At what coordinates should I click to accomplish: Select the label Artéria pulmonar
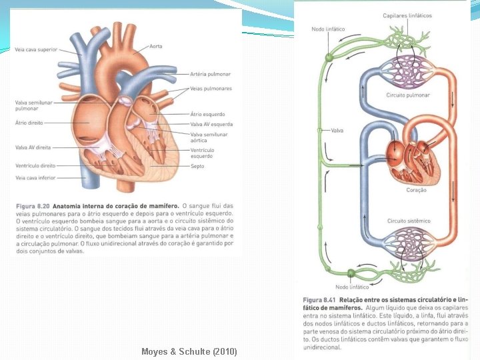[x=210, y=74]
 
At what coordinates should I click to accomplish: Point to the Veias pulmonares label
[x=211, y=89]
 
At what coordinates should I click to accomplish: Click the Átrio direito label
[x=30, y=123]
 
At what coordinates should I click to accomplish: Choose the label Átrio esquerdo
[x=207, y=114]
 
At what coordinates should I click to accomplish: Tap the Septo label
[x=198, y=167]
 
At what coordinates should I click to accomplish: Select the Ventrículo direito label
[x=37, y=165]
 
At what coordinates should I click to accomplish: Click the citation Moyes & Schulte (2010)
[x=189, y=351]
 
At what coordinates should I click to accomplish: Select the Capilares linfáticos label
[x=407, y=15]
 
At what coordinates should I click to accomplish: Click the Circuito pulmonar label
[x=408, y=95]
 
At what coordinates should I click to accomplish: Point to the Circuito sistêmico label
[x=409, y=221]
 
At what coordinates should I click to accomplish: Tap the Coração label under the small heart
[x=416, y=190]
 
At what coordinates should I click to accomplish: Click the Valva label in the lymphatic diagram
[x=337, y=131]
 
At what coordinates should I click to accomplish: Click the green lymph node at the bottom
[x=351, y=273]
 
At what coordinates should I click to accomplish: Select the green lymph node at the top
[x=329, y=59]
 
